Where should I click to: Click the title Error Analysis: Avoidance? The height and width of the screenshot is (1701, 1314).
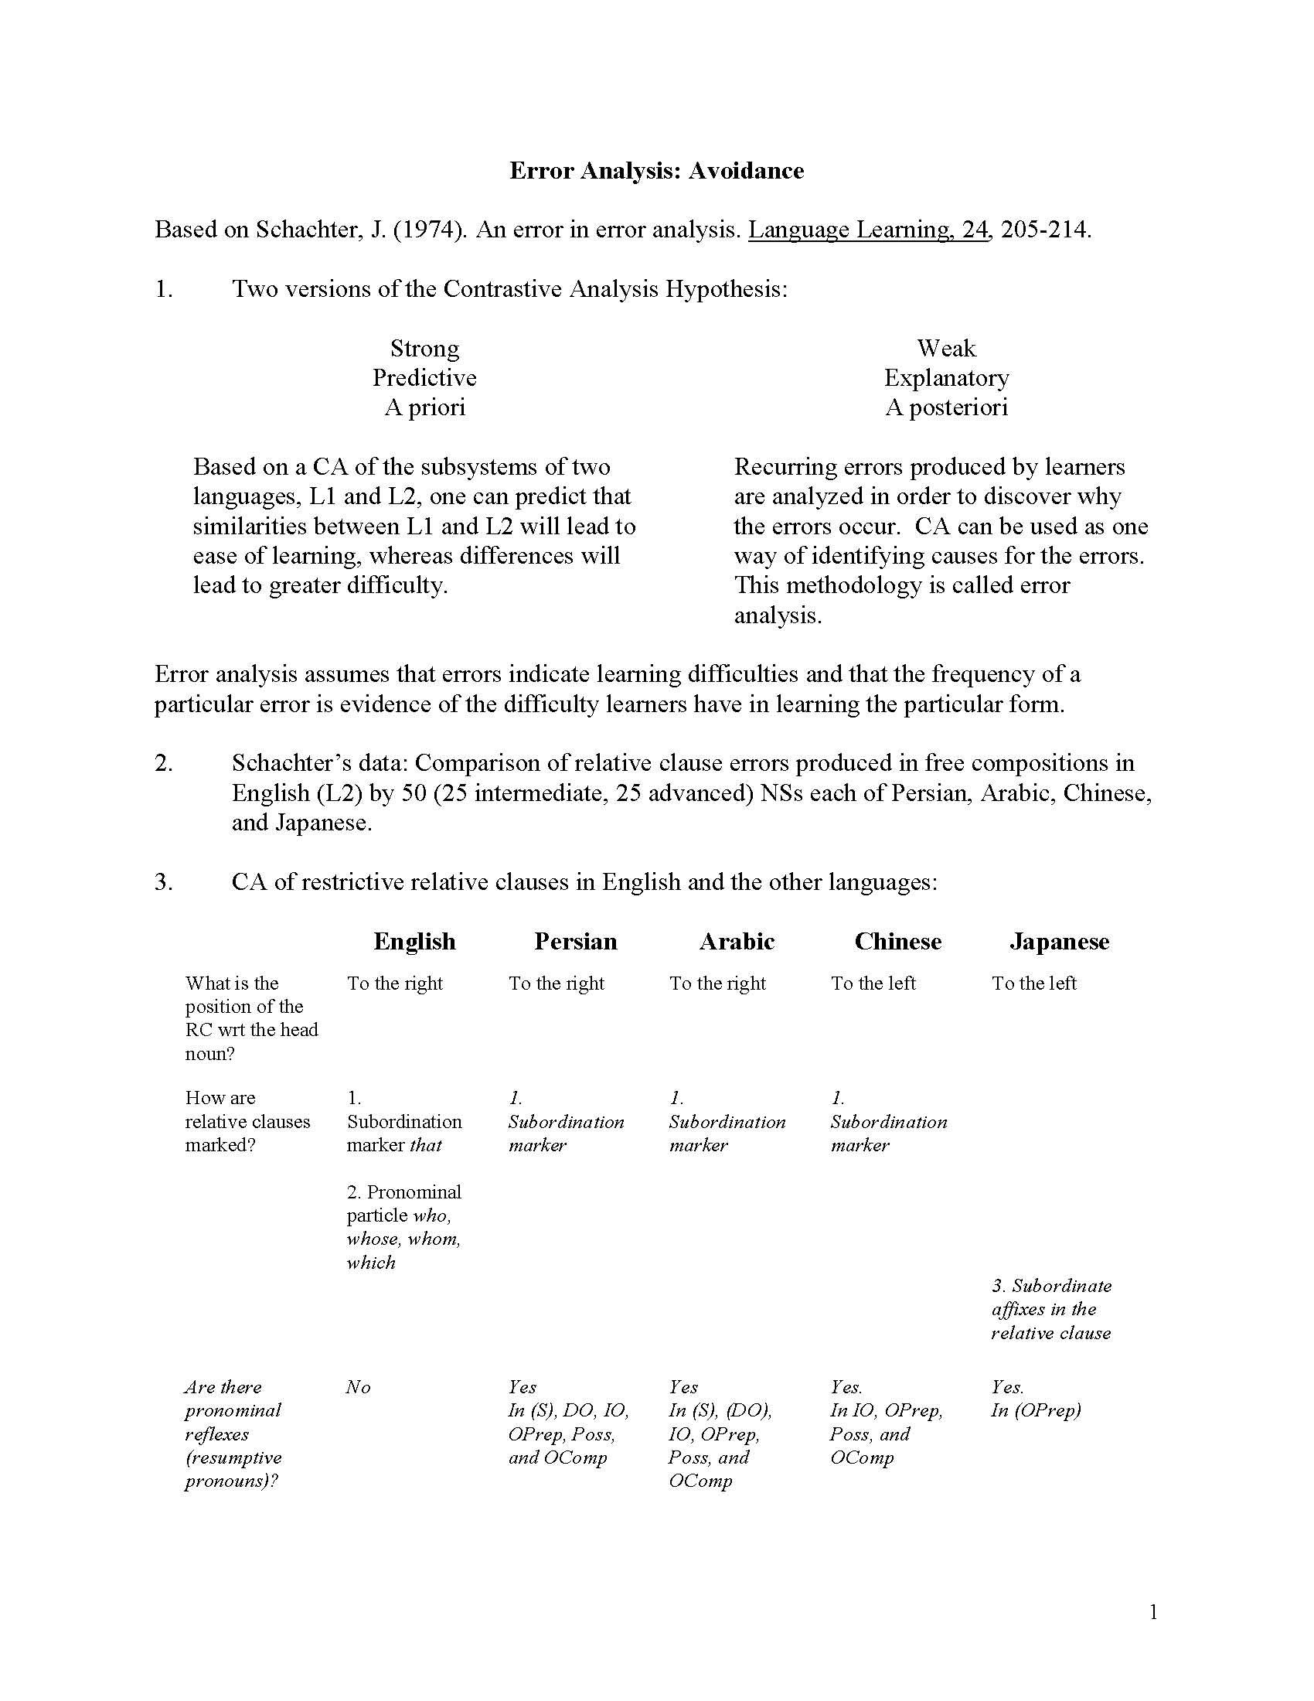[x=656, y=171]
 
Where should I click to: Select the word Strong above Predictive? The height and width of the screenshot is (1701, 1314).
[x=424, y=348]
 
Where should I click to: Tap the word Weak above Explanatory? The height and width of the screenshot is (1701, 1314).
[x=946, y=348]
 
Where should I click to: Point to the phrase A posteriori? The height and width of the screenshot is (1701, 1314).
[x=946, y=407]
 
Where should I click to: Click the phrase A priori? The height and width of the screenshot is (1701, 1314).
[x=424, y=407]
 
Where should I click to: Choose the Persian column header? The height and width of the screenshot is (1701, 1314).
[x=575, y=942]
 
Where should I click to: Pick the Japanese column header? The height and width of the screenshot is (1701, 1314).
[x=1059, y=942]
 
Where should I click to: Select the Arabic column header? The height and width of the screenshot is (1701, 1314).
[x=737, y=942]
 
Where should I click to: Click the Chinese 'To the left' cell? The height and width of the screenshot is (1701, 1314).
[x=873, y=983]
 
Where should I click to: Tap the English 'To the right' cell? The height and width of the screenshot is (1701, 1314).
[x=395, y=983]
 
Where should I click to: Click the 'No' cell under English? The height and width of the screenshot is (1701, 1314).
[x=358, y=1387]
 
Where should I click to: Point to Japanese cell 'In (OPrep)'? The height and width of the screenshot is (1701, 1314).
[x=1035, y=1410]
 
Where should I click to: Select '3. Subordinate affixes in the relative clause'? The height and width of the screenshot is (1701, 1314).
[x=1051, y=1309]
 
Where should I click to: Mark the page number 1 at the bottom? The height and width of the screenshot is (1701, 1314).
[x=1153, y=1612]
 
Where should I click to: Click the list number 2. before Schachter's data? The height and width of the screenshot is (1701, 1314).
[x=163, y=763]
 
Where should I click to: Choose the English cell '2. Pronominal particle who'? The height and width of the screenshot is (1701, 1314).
[x=404, y=1227]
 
